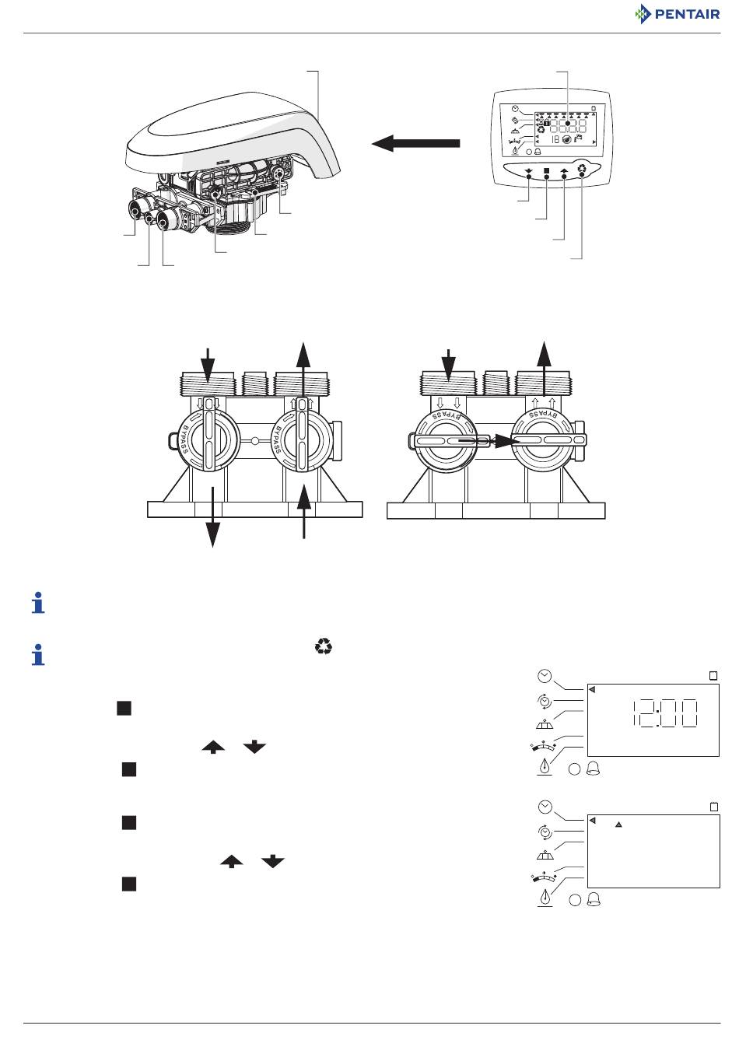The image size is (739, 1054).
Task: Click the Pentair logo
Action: click(677, 14)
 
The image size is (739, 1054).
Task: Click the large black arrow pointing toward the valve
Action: click(415, 143)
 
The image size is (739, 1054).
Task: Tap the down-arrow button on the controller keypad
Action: click(528, 171)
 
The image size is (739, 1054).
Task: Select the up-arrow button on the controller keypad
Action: click(565, 171)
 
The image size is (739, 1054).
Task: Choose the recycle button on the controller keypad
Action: click(583, 169)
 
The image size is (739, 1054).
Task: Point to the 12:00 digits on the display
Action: click(664, 713)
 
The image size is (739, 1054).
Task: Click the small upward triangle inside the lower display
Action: click(618, 825)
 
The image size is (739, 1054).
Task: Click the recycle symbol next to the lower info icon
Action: click(324, 646)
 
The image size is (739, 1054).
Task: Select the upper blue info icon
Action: click(38, 603)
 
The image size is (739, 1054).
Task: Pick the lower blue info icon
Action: click(38, 654)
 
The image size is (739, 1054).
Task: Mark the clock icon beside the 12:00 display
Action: click(544, 676)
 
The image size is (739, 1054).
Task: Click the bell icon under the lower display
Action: click(594, 900)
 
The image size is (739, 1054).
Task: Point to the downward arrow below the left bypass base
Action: click(213, 517)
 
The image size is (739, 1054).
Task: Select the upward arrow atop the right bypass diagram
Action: click(545, 369)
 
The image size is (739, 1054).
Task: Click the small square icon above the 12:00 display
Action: click(713, 676)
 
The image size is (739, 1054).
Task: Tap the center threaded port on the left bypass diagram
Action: click(254, 383)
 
